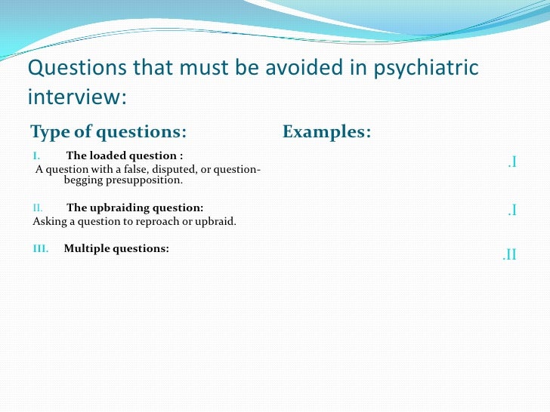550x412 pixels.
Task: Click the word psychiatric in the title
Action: click(425, 69)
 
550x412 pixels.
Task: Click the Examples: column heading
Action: click(326, 132)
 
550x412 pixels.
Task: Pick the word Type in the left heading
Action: click(49, 132)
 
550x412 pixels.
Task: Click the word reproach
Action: click(155, 222)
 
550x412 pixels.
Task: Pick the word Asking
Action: click(48, 222)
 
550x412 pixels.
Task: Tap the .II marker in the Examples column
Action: click(509, 255)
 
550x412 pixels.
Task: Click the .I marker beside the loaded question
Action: click(511, 162)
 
